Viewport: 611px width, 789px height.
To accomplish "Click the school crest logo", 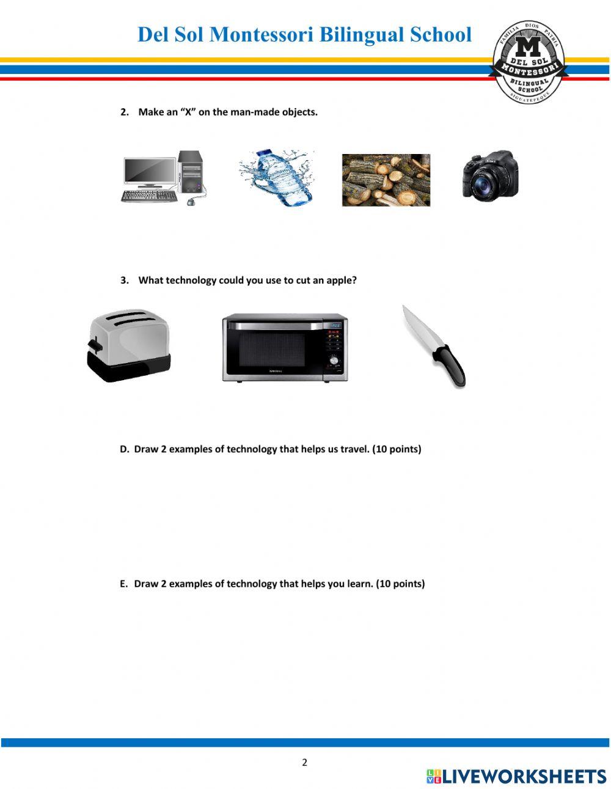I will (x=530, y=62).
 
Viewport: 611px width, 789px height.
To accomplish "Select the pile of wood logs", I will (x=386, y=180).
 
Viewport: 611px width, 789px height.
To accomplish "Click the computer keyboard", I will (x=149, y=196).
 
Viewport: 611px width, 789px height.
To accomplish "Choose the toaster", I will (x=128, y=345).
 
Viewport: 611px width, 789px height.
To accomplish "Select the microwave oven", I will (x=285, y=347).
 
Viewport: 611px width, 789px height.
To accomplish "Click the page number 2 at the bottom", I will (x=304, y=762).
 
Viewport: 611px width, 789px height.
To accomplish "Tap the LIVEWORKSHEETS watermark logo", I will (x=516, y=776).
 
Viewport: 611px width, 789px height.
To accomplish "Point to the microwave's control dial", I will (x=334, y=361).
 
